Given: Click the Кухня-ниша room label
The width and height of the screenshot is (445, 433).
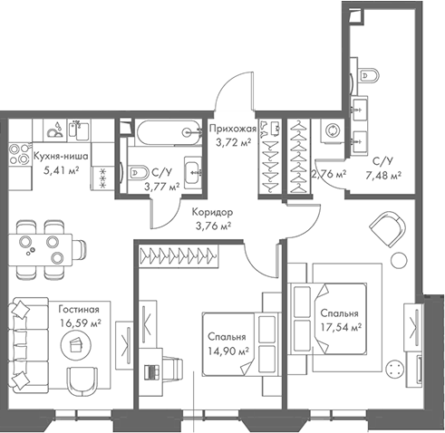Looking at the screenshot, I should point(60,155).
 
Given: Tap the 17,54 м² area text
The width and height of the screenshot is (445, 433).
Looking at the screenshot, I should point(341,327).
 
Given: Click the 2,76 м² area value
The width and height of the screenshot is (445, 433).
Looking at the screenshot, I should point(327,173).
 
